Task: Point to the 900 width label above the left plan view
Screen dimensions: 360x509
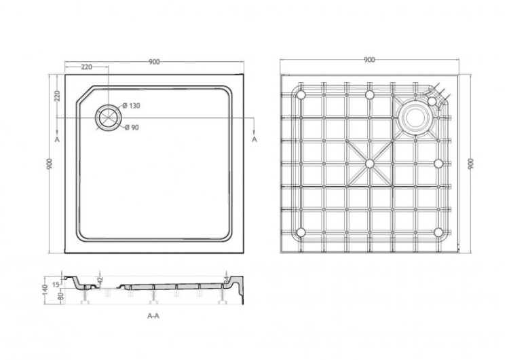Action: [x=154, y=62]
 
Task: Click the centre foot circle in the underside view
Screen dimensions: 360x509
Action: [x=370, y=164]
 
